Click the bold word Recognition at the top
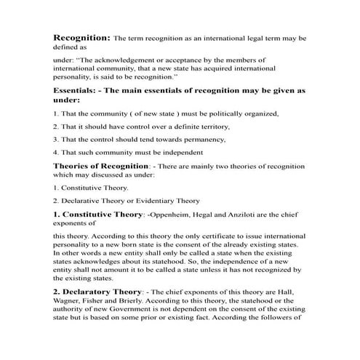pos(81,36)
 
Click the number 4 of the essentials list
pos(55,152)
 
